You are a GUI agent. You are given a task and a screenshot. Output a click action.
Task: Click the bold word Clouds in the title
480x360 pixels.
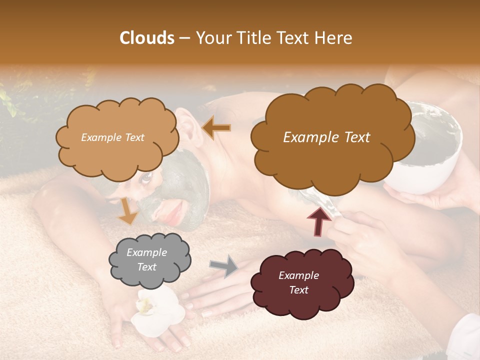coord(147,38)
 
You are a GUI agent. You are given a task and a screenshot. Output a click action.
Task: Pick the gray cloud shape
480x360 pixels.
coord(149,260)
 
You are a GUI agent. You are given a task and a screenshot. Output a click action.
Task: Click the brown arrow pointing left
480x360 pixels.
coord(216,128)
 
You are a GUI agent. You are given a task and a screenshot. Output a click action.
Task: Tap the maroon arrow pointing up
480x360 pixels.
coord(319,221)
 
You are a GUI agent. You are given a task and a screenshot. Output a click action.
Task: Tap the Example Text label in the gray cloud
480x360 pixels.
coord(147,260)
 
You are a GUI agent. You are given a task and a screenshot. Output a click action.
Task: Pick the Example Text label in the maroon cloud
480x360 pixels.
coord(298,282)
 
